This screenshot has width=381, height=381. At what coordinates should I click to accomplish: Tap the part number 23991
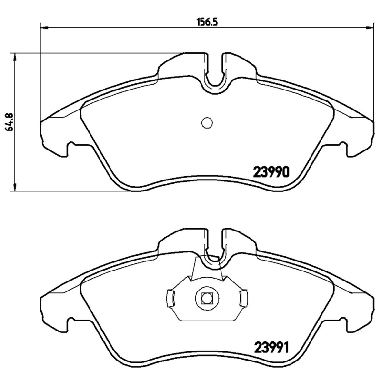(x=271, y=348)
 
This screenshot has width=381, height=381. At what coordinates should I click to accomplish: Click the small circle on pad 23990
(x=207, y=123)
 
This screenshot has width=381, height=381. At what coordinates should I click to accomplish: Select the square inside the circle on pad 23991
(x=207, y=299)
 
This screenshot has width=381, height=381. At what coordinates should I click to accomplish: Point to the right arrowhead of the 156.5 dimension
(x=369, y=27)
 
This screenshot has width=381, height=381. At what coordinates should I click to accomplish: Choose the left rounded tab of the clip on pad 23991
(x=170, y=299)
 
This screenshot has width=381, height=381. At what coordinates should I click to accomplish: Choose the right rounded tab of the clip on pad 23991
(x=243, y=299)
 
